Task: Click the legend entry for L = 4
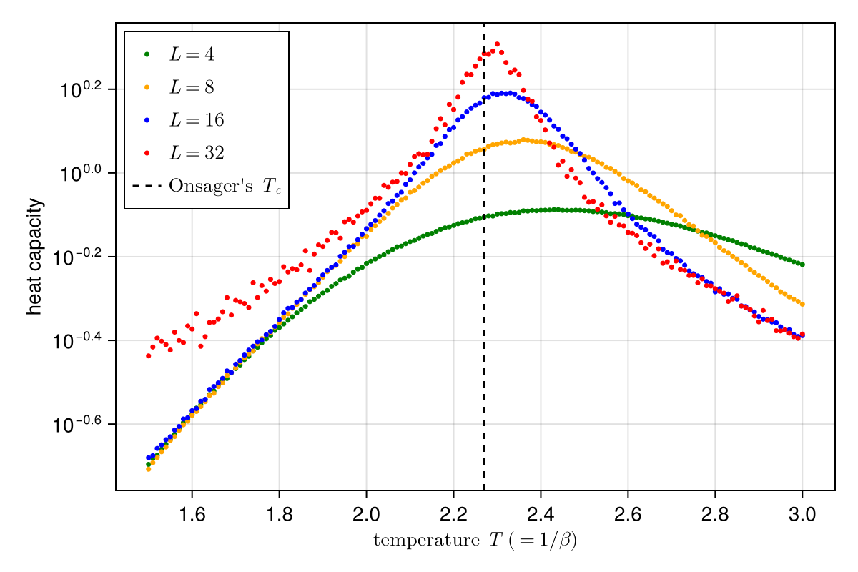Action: coord(191,54)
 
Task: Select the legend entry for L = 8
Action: coord(191,87)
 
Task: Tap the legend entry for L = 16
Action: coord(195,120)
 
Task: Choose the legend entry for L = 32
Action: coord(195,153)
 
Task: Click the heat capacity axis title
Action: coord(34,257)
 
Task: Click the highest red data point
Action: coord(497,44)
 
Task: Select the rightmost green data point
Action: coord(802,265)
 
